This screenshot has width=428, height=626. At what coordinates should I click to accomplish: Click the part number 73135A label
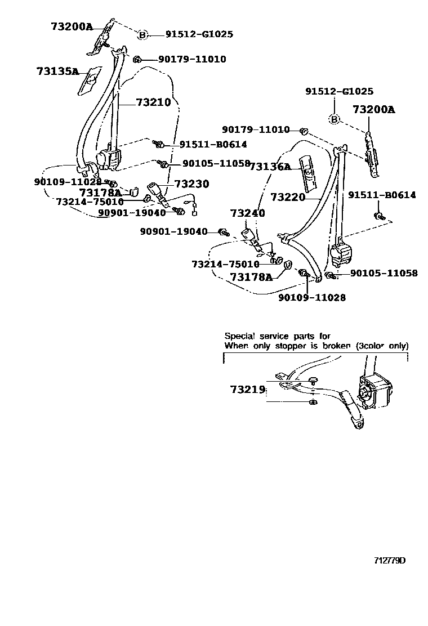click(x=57, y=71)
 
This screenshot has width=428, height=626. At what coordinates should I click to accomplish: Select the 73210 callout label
click(x=153, y=102)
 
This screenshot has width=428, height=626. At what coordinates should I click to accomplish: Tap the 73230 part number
click(x=191, y=184)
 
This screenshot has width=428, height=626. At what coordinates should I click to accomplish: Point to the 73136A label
click(x=270, y=167)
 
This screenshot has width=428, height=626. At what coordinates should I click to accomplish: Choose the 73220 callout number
click(x=288, y=197)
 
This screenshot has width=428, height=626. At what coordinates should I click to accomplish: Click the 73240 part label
click(x=247, y=213)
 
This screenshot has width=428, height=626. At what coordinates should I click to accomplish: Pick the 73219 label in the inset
click(x=247, y=389)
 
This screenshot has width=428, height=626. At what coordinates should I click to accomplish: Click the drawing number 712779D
click(x=390, y=561)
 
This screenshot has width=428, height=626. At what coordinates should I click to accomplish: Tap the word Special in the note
click(x=239, y=336)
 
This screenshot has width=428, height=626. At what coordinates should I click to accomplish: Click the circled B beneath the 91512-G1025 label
click(x=334, y=119)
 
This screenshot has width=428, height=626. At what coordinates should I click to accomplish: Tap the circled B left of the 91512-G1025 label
click(x=142, y=35)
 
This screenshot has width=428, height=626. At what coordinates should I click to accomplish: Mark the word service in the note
click(x=273, y=336)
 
